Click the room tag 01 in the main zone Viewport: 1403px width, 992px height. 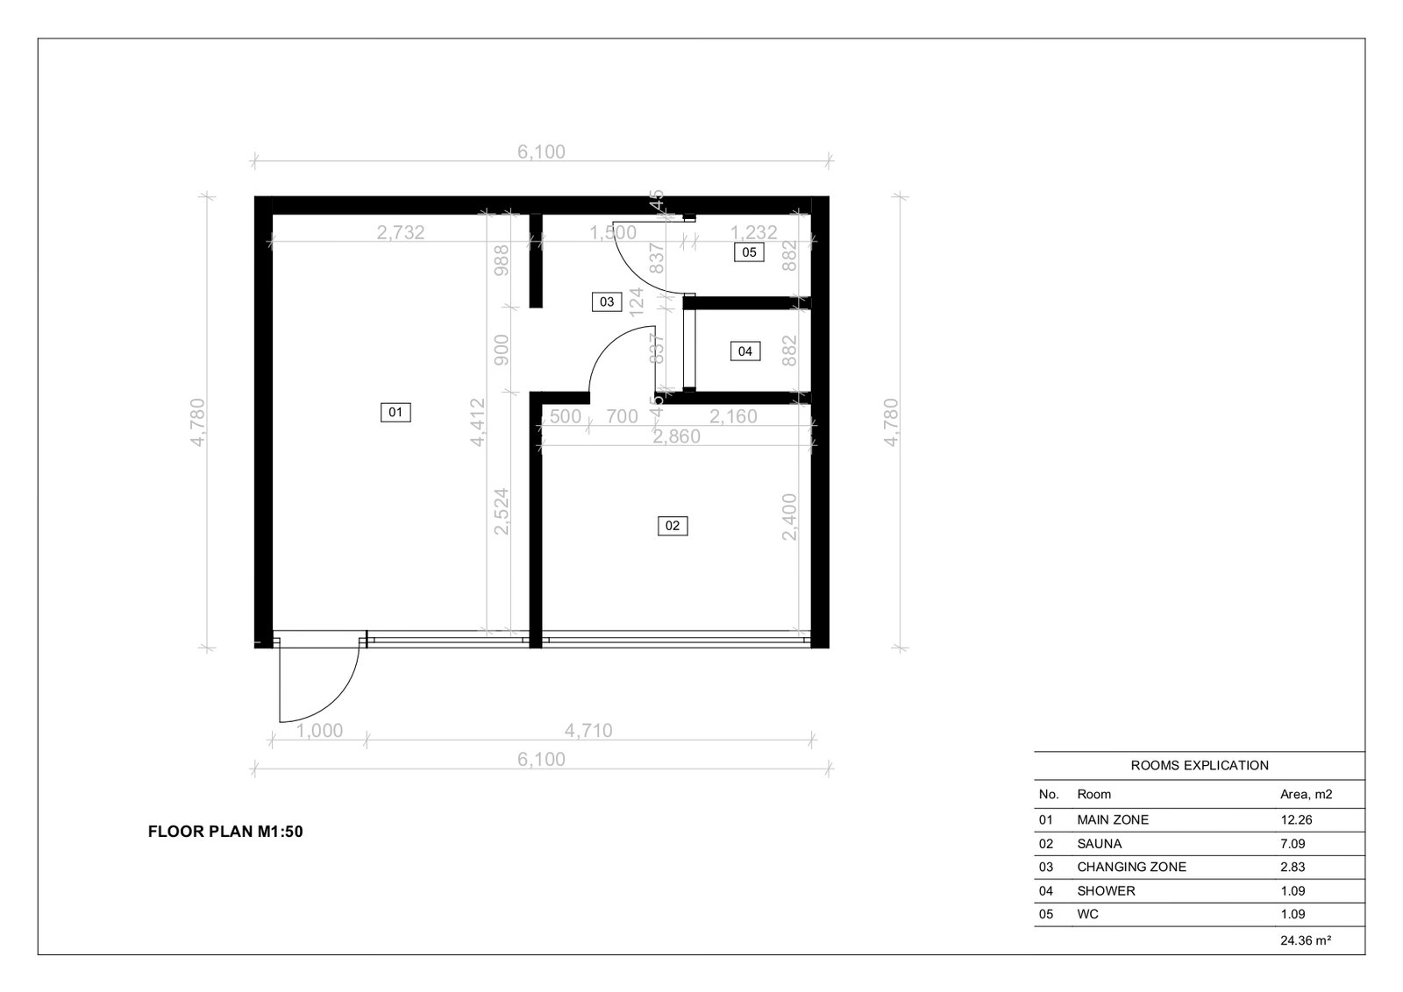[395, 412]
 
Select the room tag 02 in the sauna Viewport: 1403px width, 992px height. [673, 526]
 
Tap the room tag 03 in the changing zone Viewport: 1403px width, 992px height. [607, 302]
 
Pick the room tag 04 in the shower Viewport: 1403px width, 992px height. [744, 351]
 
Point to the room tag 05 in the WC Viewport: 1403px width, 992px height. [749, 252]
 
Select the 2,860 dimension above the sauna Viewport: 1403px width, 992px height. [676, 436]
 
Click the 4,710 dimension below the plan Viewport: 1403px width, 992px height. [588, 730]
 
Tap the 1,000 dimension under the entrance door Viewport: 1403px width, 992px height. [319, 730]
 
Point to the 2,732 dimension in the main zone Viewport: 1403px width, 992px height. [401, 232]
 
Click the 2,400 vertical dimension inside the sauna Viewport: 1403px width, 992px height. [790, 516]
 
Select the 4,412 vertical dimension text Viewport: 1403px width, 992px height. [478, 422]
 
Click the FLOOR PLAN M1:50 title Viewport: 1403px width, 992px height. [225, 833]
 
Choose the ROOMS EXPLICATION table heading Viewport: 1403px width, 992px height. [1199, 765]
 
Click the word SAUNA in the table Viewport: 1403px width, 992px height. [1099, 844]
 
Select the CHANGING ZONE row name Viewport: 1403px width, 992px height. [1131, 867]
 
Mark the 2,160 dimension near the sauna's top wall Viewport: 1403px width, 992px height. [733, 417]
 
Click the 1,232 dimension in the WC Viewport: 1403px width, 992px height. [754, 232]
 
